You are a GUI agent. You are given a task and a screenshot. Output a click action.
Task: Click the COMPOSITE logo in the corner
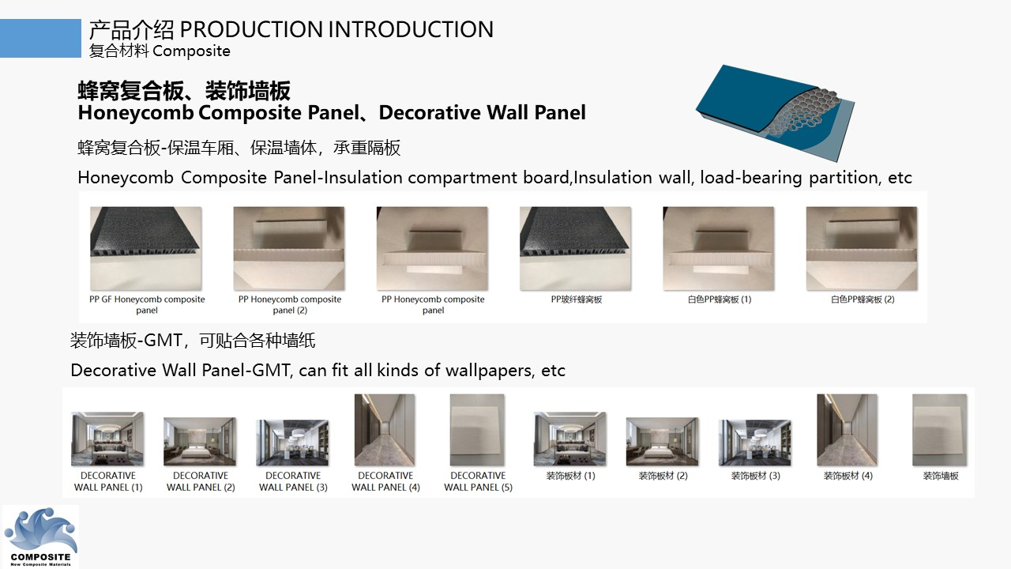click(40, 537)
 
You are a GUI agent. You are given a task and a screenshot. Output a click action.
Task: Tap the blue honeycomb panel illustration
click(775, 113)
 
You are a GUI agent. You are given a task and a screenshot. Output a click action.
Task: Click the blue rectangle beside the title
click(40, 39)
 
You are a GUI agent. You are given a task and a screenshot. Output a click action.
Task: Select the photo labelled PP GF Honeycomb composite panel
click(146, 249)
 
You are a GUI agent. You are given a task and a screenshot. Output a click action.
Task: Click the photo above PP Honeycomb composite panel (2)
click(289, 249)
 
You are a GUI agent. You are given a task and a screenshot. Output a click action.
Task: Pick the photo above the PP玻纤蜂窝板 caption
click(576, 249)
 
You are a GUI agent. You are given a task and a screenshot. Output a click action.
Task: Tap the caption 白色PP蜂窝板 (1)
click(719, 300)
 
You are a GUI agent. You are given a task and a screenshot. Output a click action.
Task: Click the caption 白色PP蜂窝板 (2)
click(862, 300)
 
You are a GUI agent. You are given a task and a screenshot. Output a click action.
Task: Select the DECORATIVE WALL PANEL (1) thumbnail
click(107, 439)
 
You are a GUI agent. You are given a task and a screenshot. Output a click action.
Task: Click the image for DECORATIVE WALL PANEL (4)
click(385, 430)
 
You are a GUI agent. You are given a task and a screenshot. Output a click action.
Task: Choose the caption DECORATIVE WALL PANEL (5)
click(478, 481)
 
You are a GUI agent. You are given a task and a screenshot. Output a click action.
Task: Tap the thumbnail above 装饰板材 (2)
click(662, 442)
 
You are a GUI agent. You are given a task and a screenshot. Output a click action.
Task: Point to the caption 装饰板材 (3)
click(755, 476)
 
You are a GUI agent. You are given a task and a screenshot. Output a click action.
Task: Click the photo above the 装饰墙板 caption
click(940, 430)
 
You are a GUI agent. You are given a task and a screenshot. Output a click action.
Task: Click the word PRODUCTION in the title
click(251, 30)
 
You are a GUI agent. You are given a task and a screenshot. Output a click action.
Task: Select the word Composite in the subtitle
click(191, 51)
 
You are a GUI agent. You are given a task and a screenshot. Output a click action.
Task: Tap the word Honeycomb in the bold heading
click(136, 113)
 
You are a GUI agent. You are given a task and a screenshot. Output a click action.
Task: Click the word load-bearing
click(750, 178)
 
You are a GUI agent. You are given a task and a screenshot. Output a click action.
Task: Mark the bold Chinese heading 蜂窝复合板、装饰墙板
click(184, 91)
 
